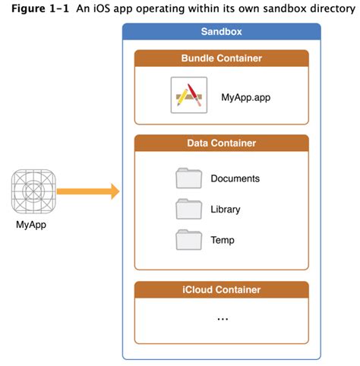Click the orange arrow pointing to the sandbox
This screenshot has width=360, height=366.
[88, 192]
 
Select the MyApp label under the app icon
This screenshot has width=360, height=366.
[32, 225]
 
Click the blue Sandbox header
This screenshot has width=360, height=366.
[221, 33]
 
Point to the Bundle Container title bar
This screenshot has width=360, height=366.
[221, 58]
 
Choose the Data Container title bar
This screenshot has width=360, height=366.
[221, 143]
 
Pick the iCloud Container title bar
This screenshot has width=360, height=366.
[221, 289]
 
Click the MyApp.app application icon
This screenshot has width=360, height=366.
[189, 96]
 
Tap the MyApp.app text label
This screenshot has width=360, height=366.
[245, 96]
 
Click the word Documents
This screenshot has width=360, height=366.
[235, 179]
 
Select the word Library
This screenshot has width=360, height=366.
[226, 210]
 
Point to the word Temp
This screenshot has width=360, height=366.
[223, 241]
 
